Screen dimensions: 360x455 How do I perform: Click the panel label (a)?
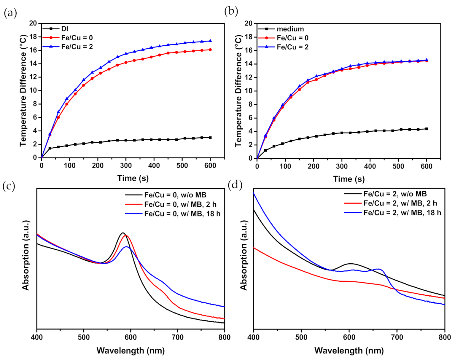point(10,13)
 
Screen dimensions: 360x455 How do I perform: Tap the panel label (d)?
point(235,185)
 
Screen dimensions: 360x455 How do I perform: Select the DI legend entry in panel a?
point(64,29)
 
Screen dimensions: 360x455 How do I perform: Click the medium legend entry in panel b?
point(290,29)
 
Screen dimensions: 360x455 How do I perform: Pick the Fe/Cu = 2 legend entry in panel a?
point(77,47)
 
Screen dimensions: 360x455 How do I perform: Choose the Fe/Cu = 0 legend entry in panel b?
point(292,38)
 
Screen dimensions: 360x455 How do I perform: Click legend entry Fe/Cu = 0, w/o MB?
point(175,195)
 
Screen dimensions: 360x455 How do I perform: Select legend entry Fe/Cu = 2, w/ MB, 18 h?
point(402,213)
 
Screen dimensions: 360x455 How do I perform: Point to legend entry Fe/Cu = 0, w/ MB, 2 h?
point(180,204)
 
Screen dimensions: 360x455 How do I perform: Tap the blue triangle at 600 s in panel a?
point(210,41)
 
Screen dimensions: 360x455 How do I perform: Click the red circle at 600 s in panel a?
point(210,50)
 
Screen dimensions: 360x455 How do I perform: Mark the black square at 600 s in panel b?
point(427,129)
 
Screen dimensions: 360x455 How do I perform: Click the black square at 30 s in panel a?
point(50,148)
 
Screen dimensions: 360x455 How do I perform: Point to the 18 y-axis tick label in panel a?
point(33,37)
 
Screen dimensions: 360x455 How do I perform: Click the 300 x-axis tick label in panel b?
point(342,166)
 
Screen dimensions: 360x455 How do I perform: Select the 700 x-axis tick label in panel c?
point(177,337)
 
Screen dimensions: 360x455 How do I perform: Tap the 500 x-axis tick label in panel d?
point(301,337)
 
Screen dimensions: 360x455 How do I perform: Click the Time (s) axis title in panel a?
point(133,178)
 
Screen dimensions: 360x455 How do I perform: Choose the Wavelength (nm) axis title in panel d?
point(349,351)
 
